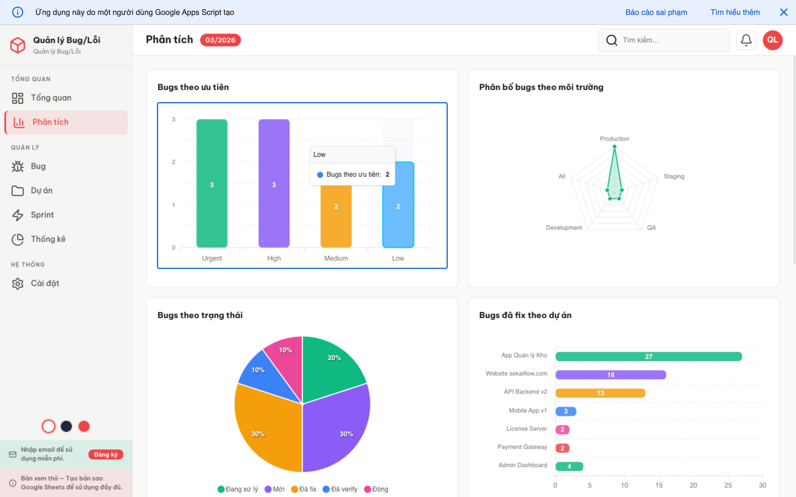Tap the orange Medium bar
click(336, 217)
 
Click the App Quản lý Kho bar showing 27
click(648, 356)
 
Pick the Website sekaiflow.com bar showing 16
click(611, 375)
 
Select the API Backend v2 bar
click(600, 393)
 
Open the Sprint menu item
click(42, 215)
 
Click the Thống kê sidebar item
click(48, 239)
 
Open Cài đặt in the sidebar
click(45, 283)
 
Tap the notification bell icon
click(746, 40)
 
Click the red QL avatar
click(772, 40)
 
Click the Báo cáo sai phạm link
click(656, 12)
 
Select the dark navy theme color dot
click(66, 426)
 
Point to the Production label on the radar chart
click(614, 139)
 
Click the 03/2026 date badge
click(220, 40)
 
